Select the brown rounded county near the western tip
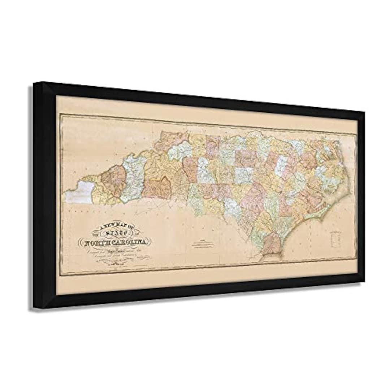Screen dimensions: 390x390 tap(113, 180)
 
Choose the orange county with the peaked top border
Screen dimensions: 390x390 tap(158, 187)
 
